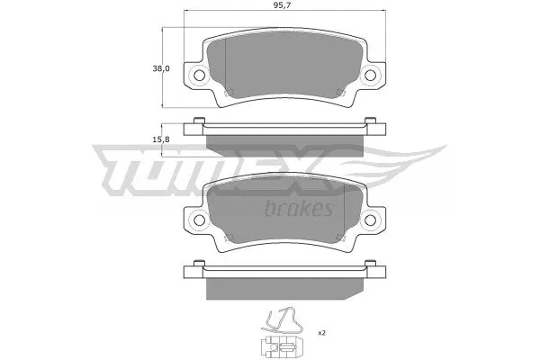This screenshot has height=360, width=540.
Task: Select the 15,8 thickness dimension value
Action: (x=163, y=138)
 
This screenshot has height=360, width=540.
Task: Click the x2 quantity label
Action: (x=321, y=333)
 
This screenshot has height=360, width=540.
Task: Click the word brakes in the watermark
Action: (x=300, y=209)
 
